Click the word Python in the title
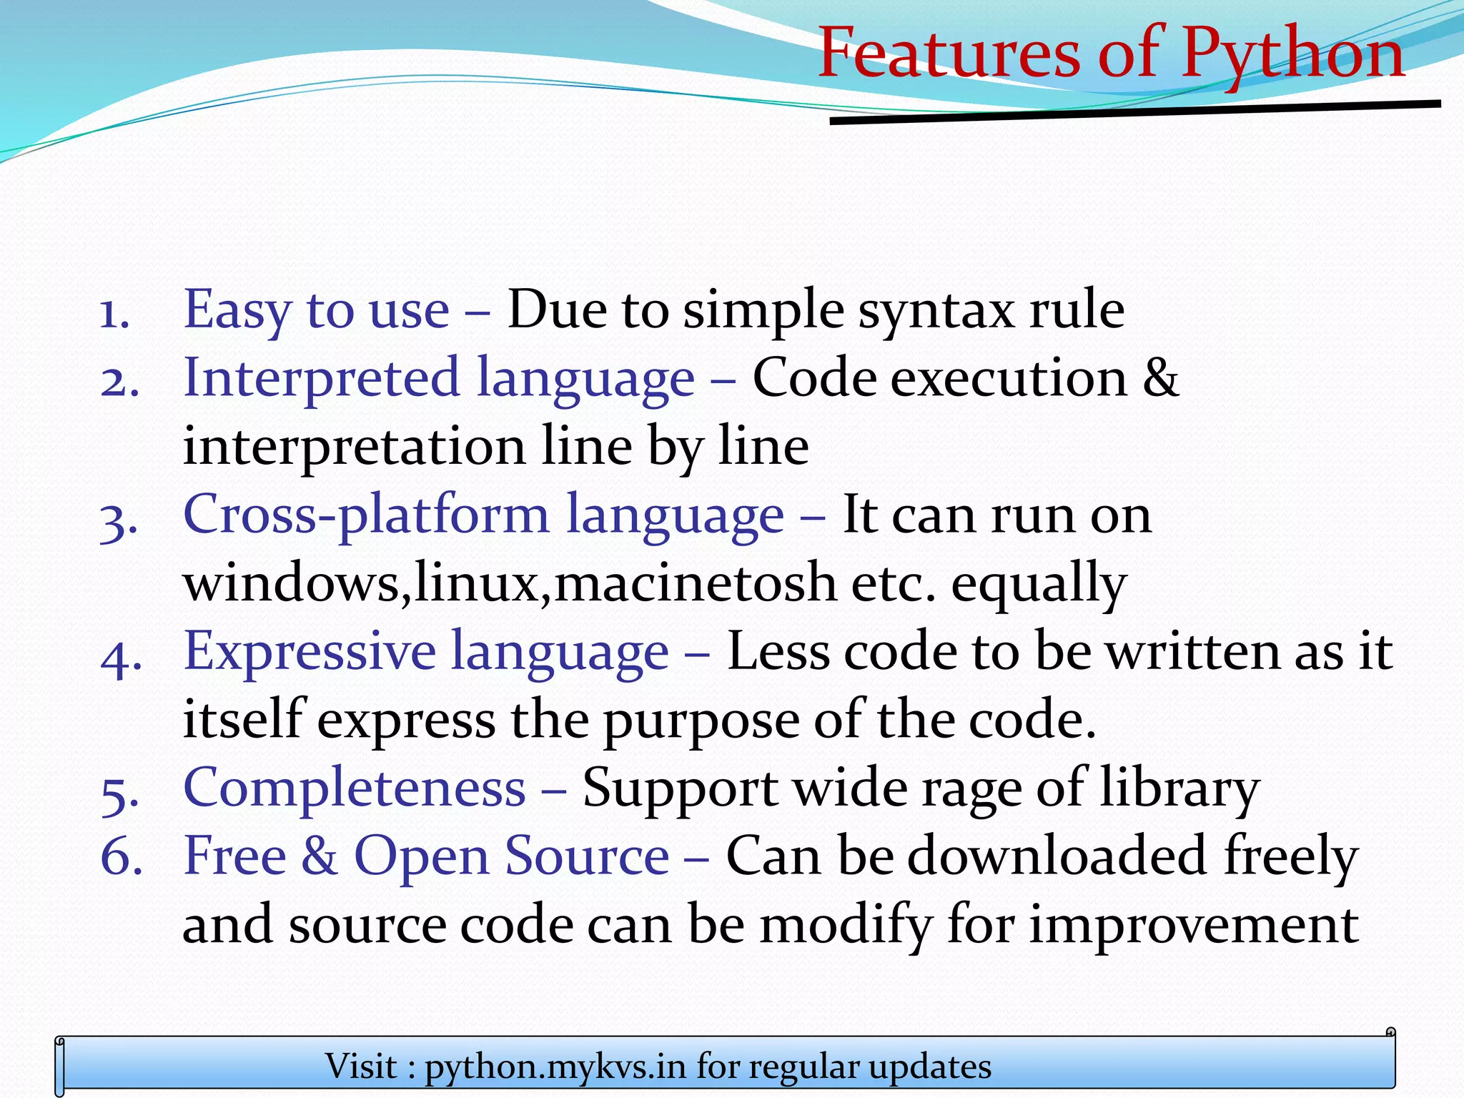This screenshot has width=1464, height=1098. click(1292, 54)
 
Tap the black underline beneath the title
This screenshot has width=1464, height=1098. click(1134, 113)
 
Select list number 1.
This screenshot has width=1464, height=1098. click(114, 313)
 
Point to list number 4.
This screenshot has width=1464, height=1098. click(121, 656)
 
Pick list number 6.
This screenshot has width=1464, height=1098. click(121, 858)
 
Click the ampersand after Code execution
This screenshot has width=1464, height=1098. click(1160, 377)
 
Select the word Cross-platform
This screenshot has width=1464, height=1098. click(366, 515)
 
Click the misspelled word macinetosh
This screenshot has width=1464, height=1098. click(695, 583)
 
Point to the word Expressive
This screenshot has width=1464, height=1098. click(309, 652)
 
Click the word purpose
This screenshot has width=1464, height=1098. click(701, 721)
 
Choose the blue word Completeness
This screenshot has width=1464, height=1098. click(355, 788)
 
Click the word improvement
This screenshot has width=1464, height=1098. click(1194, 925)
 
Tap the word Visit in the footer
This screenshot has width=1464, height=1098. click(361, 1067)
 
